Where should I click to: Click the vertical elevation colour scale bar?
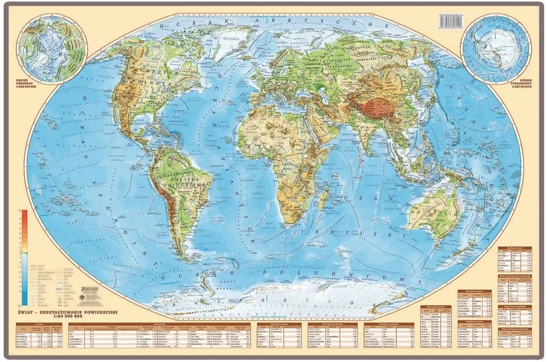point(24,255)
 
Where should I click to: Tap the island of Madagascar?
point(327,194)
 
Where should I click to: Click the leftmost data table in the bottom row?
point(38,334)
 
